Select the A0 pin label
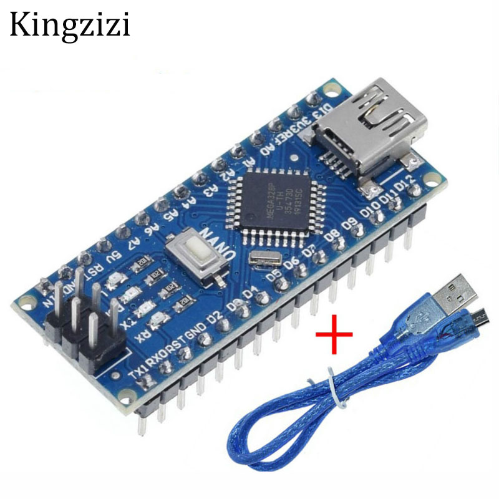[x=266, y=150]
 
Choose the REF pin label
[x=285, y=136]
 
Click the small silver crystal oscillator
[x=257, y=258]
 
